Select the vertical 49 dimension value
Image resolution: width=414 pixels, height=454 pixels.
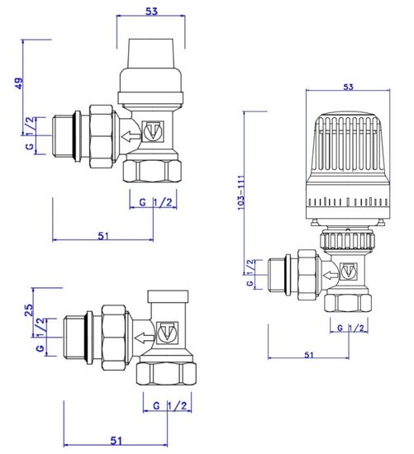(18, 86)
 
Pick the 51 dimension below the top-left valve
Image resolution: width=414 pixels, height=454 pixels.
(102, 235)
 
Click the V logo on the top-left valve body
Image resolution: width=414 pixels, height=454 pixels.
(152, 131)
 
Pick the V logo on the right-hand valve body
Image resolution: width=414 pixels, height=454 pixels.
(348, 268)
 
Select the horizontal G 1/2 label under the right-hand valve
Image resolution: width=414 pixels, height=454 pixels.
(350, 328)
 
